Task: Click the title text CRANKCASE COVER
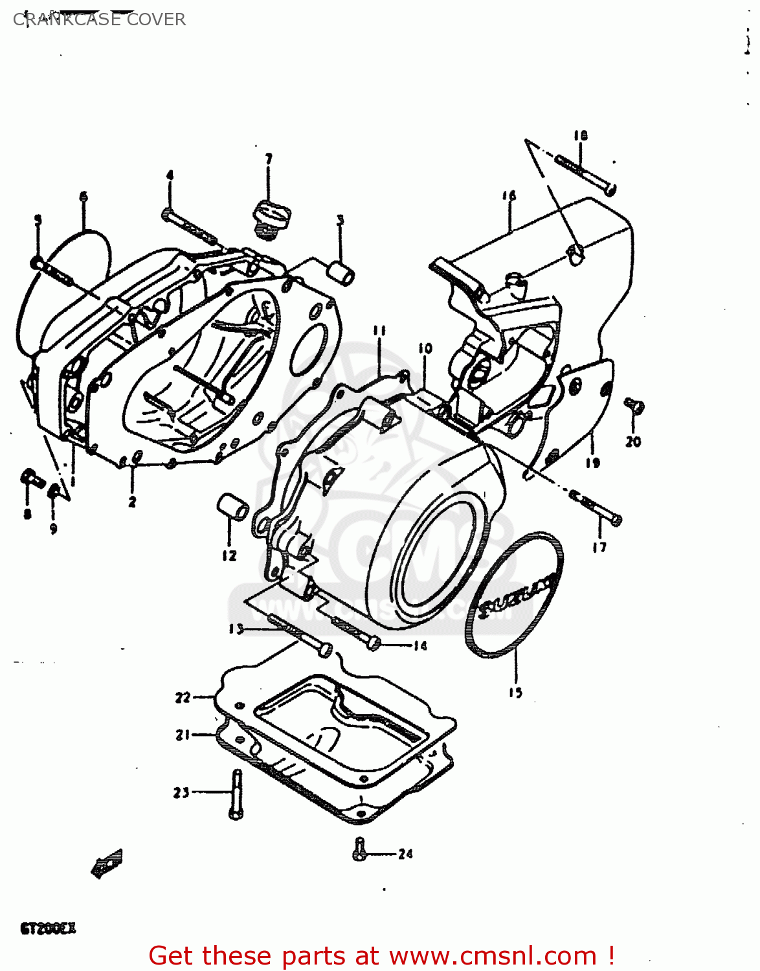(99, 19)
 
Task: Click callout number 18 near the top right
(580, 136)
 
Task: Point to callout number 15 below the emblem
(515, 693)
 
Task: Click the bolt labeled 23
(236, 794)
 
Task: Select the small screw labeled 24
(360, 849)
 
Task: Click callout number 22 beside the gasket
(183, 697)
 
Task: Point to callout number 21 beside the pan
(183, 735)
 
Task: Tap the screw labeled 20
(634, 407)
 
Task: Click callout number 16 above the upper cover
(509, 195)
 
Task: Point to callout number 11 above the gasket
(379, 331)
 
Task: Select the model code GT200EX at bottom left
(49, 928)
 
